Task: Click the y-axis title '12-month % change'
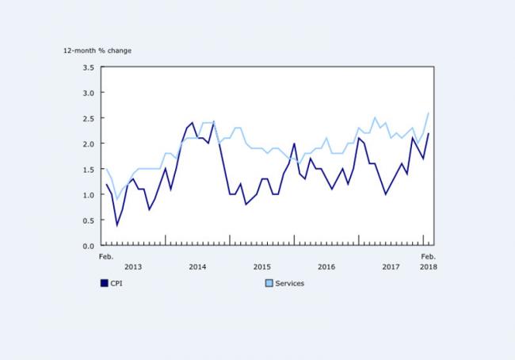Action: pyautogui.click(x=98, y=51)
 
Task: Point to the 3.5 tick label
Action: pyautogui.click(x=88, y=67)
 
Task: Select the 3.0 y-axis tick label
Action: pyautogui.click(x=88, y=93)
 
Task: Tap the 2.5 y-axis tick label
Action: pyautogui.click(x=88, y=118)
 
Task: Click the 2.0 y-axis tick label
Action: pyautogui.click(x=88, y=144)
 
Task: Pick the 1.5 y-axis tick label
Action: pyautogui.click(x=88, y=169)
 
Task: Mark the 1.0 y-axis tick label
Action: pyautogui.click(x=88, y=194)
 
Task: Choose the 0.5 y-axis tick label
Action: pyautogui.click(x=88, y=220)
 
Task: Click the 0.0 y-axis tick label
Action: pyautogui.click(x=88, y=245)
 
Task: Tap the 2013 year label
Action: pyautogui.click(x=133, y=266)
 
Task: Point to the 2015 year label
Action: pyautogui.click(x=261, y=266)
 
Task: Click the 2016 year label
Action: pyautogui.click(x=326, y=266)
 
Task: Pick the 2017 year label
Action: pyautogui.click(x=391, y=266)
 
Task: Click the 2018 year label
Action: pyautogui.click(x=428, y=266)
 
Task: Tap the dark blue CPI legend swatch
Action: pyautogui.click(x=104, y=283)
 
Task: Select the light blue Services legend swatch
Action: pyautogui.click(x=269, y=283)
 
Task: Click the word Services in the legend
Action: pyautogui.click(x=289, y=283)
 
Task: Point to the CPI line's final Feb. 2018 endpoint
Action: pyautogui.click(x=429, y=133)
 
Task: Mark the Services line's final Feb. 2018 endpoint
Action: pyautogui.click(x=429, y=113)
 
